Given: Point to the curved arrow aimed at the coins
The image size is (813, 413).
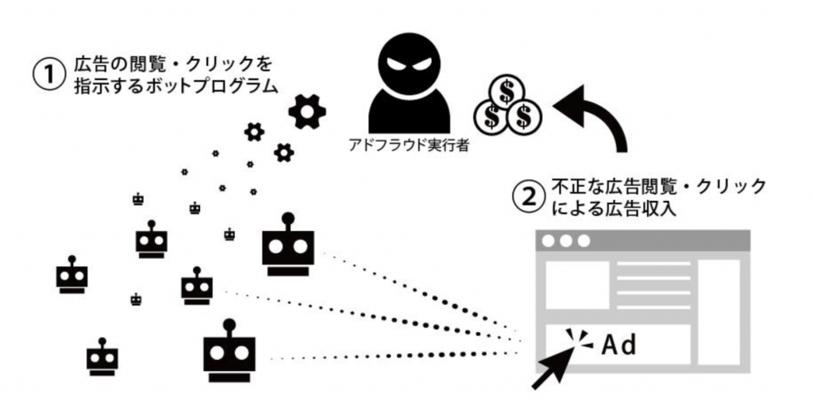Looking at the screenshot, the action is (607, 111).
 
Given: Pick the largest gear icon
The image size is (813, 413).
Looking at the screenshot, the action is (307, 111).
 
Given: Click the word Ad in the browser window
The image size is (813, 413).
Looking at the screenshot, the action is (618, 345).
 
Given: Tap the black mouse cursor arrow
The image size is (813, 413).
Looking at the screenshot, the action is (553, 368).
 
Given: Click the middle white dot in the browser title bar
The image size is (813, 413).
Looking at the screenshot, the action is (566, 241).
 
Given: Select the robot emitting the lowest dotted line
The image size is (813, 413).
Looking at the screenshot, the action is (229, 351).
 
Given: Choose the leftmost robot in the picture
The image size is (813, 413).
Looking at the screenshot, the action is (71, 275).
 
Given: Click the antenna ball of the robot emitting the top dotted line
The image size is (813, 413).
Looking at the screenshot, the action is (287, 218).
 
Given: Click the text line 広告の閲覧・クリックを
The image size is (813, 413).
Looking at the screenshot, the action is (173, 64).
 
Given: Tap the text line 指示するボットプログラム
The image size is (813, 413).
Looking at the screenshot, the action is (176, 86).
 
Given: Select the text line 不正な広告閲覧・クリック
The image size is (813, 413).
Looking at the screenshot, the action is (658, 187).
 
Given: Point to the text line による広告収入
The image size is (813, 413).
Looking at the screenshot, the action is (615, 209).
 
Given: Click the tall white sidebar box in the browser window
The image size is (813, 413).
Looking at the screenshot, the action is (719, 312).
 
